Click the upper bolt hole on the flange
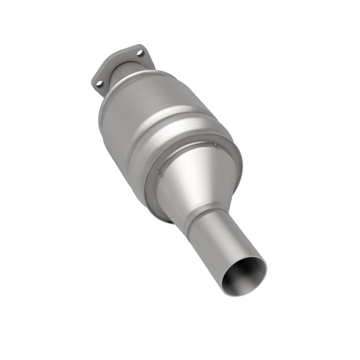point(140,53)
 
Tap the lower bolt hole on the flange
point(99,83)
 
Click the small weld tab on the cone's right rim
point(215,144)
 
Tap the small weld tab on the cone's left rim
point(159,171)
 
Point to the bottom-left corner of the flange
point(94,85)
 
